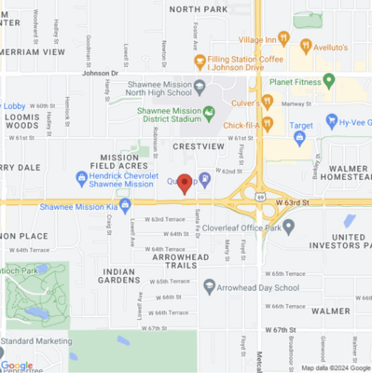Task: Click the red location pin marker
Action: [x=185, y=183]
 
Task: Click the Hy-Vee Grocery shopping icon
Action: [x=332, y=121]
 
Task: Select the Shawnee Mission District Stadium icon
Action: [x=210, y=113]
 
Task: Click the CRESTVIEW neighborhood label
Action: [x=198, y=146]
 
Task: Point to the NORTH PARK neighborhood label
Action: [x=198, y=8]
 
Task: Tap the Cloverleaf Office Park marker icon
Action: [x=288, y=226]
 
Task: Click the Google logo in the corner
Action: [x=17, y=366]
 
